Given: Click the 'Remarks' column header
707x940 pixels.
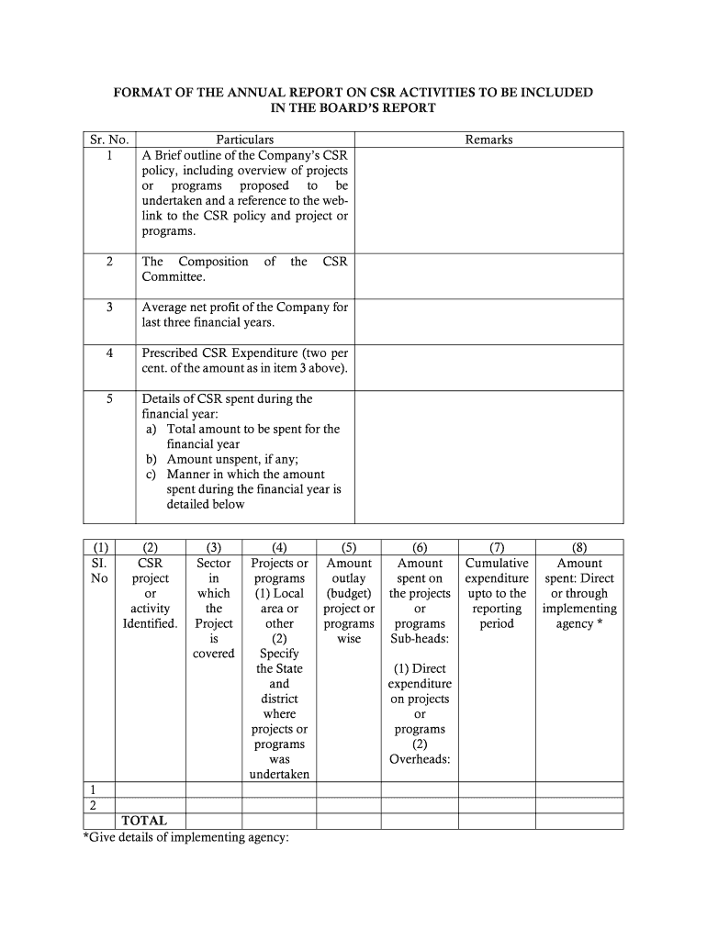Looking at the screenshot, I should [x=488, y=140].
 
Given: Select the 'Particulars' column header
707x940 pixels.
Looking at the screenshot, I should [x=245, y=140].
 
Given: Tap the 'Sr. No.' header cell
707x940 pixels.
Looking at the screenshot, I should [x=109, y=140].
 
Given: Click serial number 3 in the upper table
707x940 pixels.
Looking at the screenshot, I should [x=109, y=308].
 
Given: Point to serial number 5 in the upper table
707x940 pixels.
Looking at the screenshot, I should [x=109, y=398].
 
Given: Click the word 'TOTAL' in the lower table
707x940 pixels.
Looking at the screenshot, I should [x=145, y=821].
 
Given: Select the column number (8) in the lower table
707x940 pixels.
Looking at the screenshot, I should [x=579, y=548].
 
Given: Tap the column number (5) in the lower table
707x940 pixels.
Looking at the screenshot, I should [x=349, y=548].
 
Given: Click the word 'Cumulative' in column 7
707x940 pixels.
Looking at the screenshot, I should [x=497, y=564].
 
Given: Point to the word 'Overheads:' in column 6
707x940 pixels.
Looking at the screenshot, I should [x=420, y=759].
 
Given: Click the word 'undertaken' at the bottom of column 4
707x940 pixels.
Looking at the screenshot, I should [x=279, y=775].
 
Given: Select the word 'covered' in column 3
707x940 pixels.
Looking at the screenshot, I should [x=214, y=654].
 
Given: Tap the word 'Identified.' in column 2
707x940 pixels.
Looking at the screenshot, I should [x=151, y=624].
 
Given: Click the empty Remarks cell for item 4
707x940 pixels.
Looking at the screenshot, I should [x=488, y=367].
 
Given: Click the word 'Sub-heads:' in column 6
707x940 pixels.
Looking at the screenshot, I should [x=420, y=639].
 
